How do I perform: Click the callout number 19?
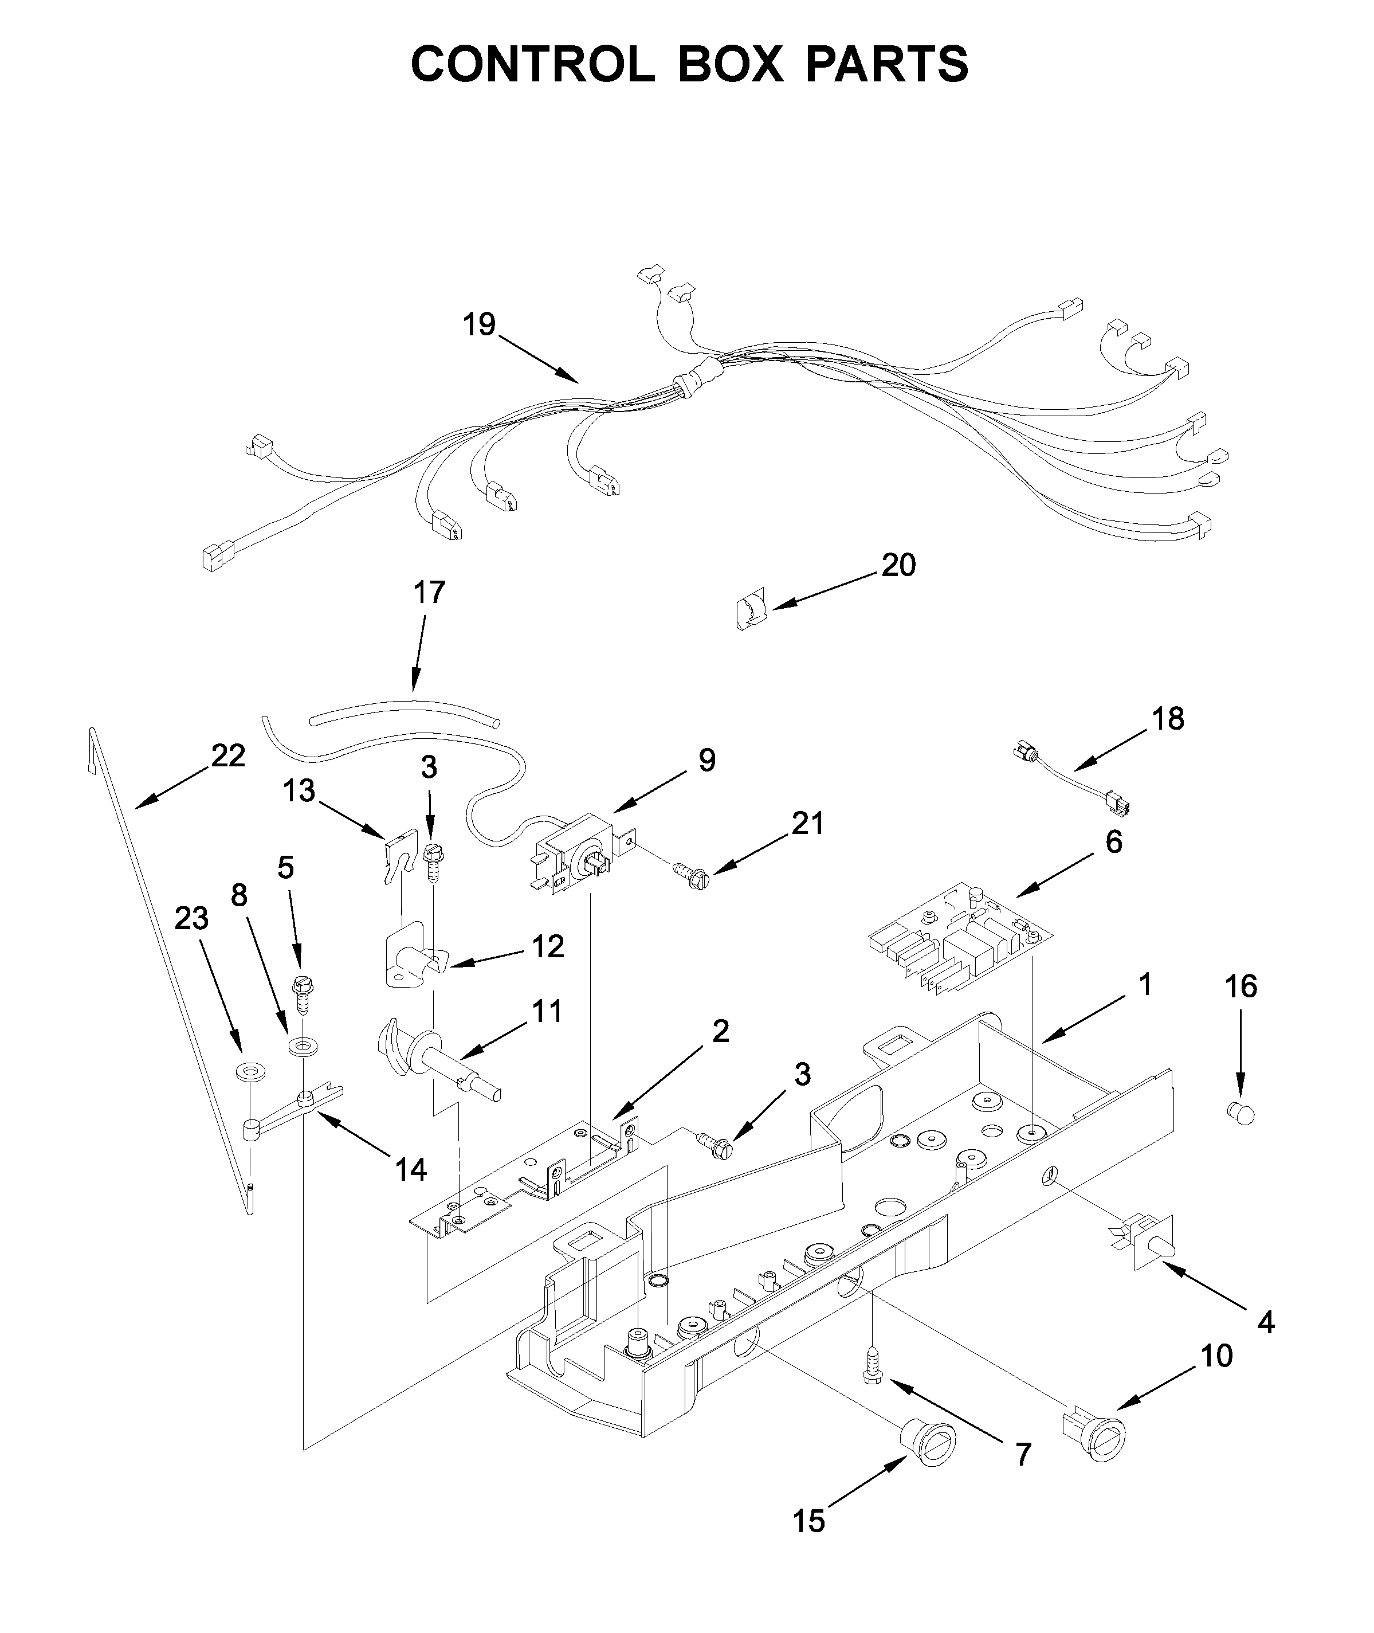479,324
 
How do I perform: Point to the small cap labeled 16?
1241,1114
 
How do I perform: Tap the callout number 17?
429,592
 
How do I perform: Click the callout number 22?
228,755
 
